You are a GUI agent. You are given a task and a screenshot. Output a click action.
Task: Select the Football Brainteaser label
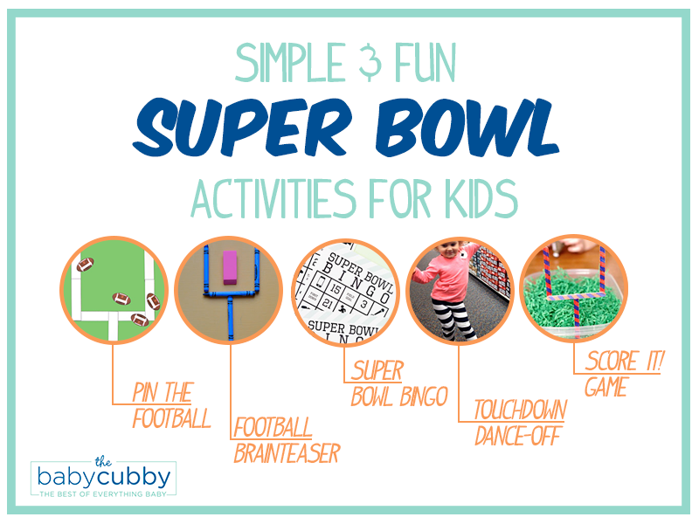pos(286,440)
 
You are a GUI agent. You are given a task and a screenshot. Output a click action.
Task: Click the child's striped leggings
pos(453,321)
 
